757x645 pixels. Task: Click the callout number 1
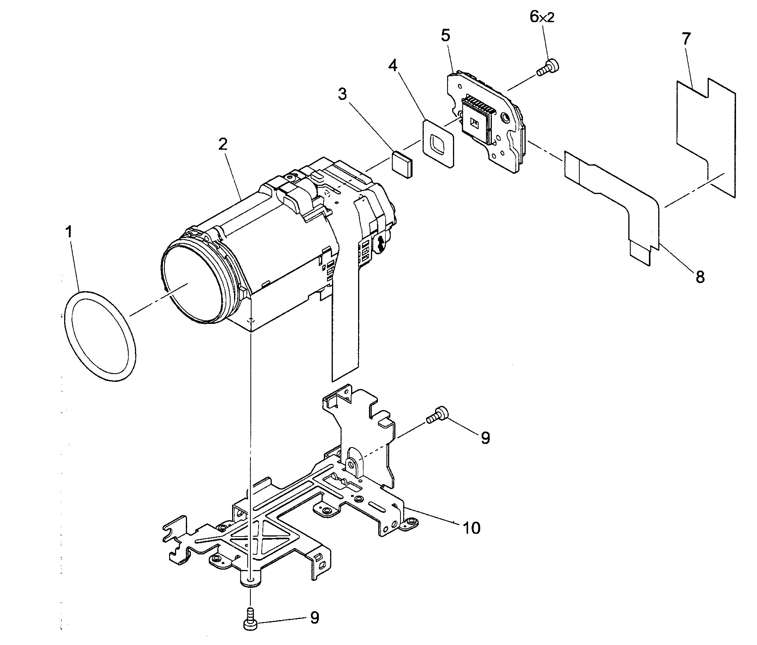(68, 232)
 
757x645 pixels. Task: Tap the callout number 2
(222, 145)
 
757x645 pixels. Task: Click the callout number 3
(342, 94)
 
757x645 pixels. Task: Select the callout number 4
(393, 66)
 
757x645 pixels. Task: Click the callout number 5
(446, 35)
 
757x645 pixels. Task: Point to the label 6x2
(542, 17)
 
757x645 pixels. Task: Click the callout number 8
(700, 277)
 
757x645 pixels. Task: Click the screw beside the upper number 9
(437, 414)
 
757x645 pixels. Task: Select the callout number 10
(471, 528)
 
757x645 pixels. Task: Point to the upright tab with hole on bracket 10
(352, 463)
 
